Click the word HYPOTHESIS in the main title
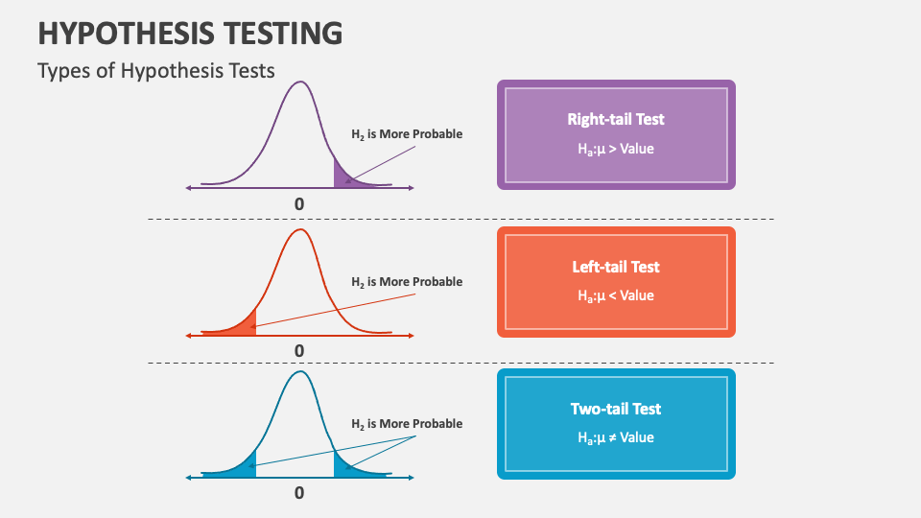point(127,33)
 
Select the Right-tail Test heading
point(616,119)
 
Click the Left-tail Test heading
point(616,267)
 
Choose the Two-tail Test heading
point(616,409)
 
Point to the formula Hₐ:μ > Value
point(616,150)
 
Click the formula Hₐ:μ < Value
point(616,296)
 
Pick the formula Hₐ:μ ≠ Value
point(616,438)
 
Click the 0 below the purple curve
point(299,204)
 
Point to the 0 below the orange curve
point(299,351)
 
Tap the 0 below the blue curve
point(299,493)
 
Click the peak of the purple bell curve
point(300,82)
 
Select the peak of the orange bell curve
point(300,229)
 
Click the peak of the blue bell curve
point(300,372)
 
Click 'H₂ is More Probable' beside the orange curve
point(407,282)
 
